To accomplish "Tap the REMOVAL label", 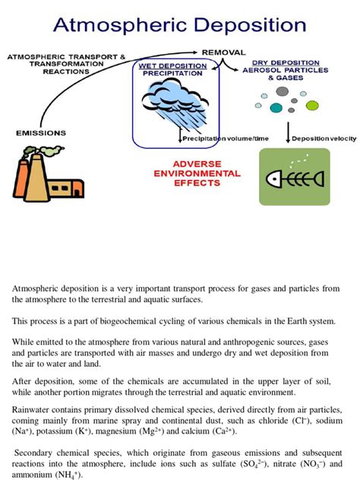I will pyautogui.click(x=223, y=52).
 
